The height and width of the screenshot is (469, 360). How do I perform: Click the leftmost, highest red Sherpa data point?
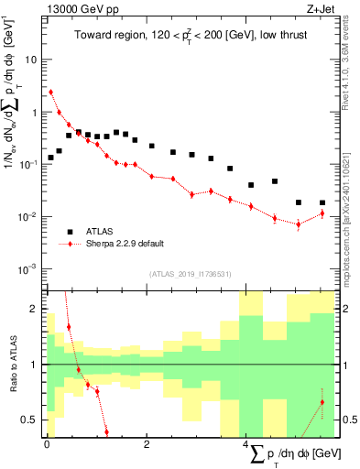pyautogui.click(x=51, y=92)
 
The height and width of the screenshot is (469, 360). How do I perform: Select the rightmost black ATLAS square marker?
pyautogui.click(x=322, y=202)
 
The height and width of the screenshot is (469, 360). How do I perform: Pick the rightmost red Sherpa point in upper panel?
pyautogui.click(x=322, y=213)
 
